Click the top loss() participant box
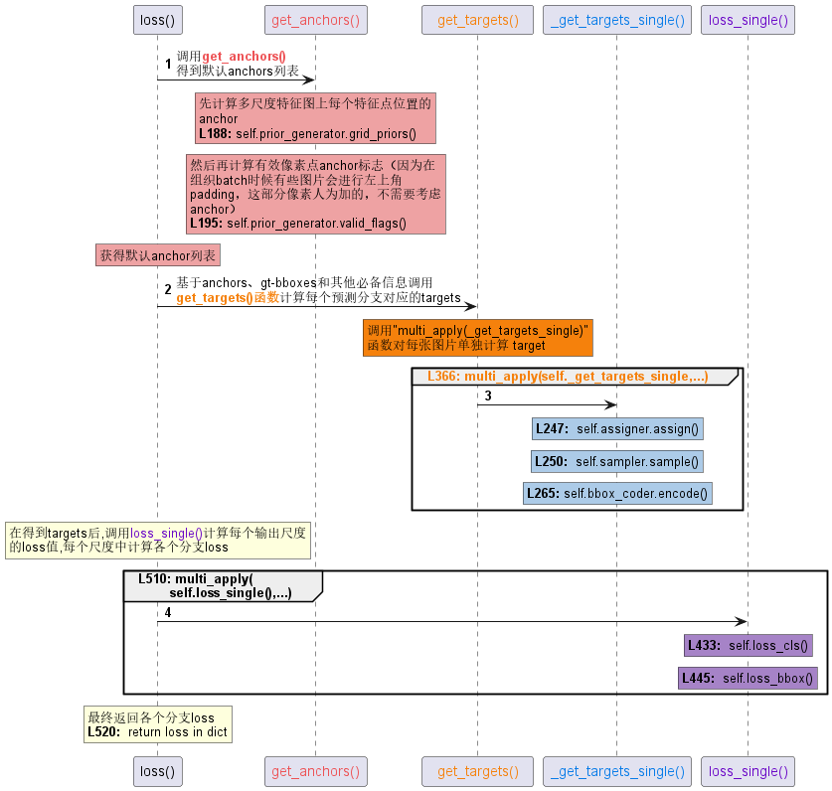(157, 20)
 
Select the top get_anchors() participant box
(315, 20)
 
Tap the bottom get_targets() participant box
(478, 770)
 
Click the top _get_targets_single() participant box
(617, 20)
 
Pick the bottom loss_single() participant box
(747, 770)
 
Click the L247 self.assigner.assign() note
(617, 429)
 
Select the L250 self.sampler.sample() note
(617, 461)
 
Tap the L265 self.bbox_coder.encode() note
(617, 493)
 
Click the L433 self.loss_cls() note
(748, 646)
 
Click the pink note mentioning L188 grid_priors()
(315, 117)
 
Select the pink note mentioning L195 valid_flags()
(315, 194)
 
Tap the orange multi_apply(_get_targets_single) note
(478, 338)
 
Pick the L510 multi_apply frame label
(219, 585)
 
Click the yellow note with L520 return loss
(158, 724)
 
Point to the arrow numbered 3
(547, 404)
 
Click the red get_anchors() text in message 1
(244, 58)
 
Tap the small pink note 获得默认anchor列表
(158, 255)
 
